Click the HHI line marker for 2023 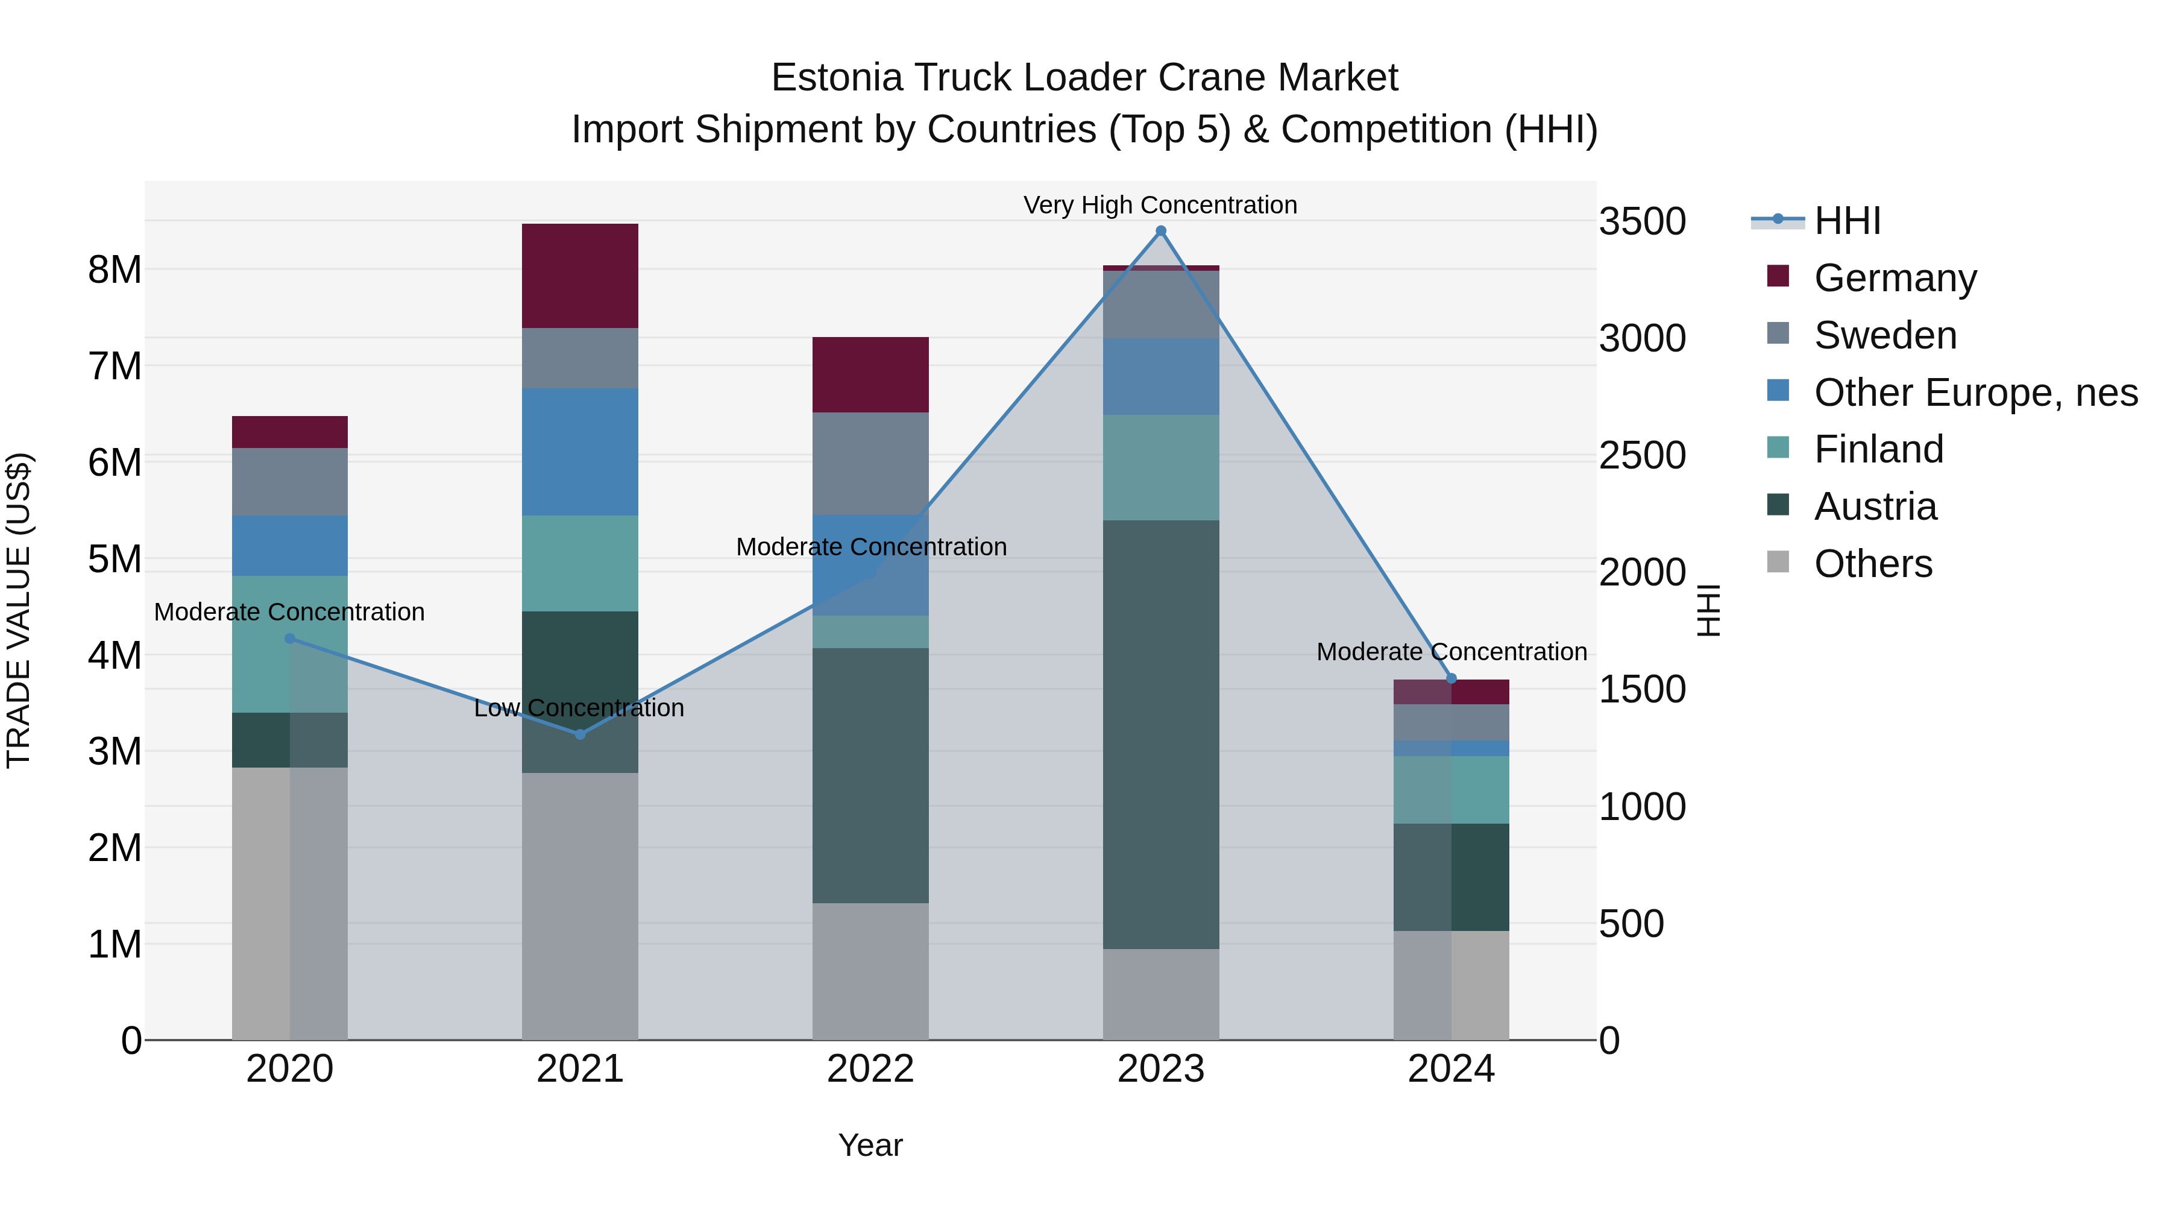point(1161,231)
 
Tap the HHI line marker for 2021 point(579,734)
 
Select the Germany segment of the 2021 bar point(579,276)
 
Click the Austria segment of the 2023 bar point(1161,733)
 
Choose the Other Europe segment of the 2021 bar point(579,451)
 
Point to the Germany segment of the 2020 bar point(290,432)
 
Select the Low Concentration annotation point(579,708)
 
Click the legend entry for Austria point(1875,506)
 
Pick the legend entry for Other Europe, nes point(1975,393)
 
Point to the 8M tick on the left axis point(115,270)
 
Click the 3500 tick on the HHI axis point(1642,222)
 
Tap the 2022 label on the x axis point(870,1068)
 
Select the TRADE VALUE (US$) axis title point(19,610)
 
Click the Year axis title point(870,1145)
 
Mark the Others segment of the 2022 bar point(870,971)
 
